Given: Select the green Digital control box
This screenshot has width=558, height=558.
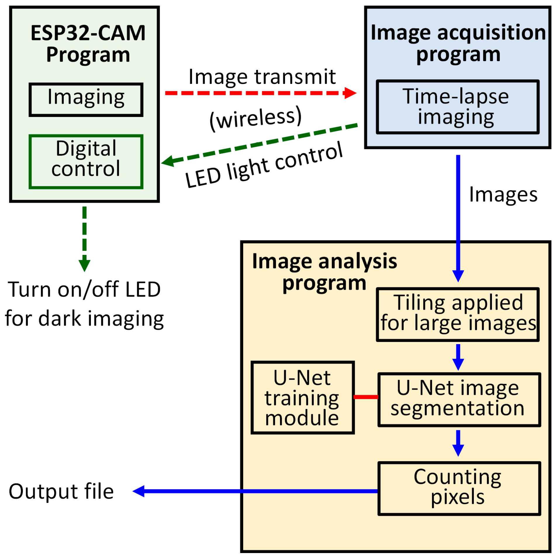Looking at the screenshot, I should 86,161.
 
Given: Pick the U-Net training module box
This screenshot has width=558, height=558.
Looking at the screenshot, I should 302,398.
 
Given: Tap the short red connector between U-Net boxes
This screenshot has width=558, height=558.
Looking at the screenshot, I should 365,397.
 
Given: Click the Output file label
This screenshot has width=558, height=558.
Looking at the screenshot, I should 61,492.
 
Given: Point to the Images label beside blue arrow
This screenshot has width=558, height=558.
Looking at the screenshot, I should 502,195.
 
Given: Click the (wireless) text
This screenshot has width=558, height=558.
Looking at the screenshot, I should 255,118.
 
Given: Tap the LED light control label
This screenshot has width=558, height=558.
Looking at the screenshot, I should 264,165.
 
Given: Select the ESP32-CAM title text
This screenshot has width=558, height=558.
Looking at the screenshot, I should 88,33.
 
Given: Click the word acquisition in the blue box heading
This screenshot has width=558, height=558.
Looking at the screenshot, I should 491,33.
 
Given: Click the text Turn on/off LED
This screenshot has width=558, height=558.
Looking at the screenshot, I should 84,289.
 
